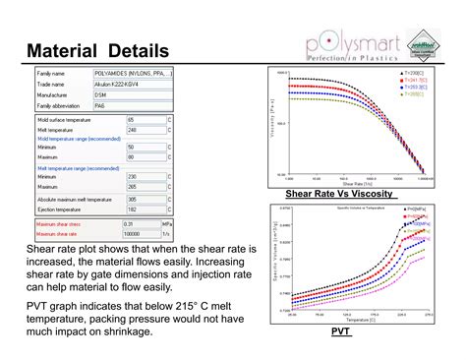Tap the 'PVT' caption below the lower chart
tap(341, 331)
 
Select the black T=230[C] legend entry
tap(413, 73)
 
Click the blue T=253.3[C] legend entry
tap(413, 87)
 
